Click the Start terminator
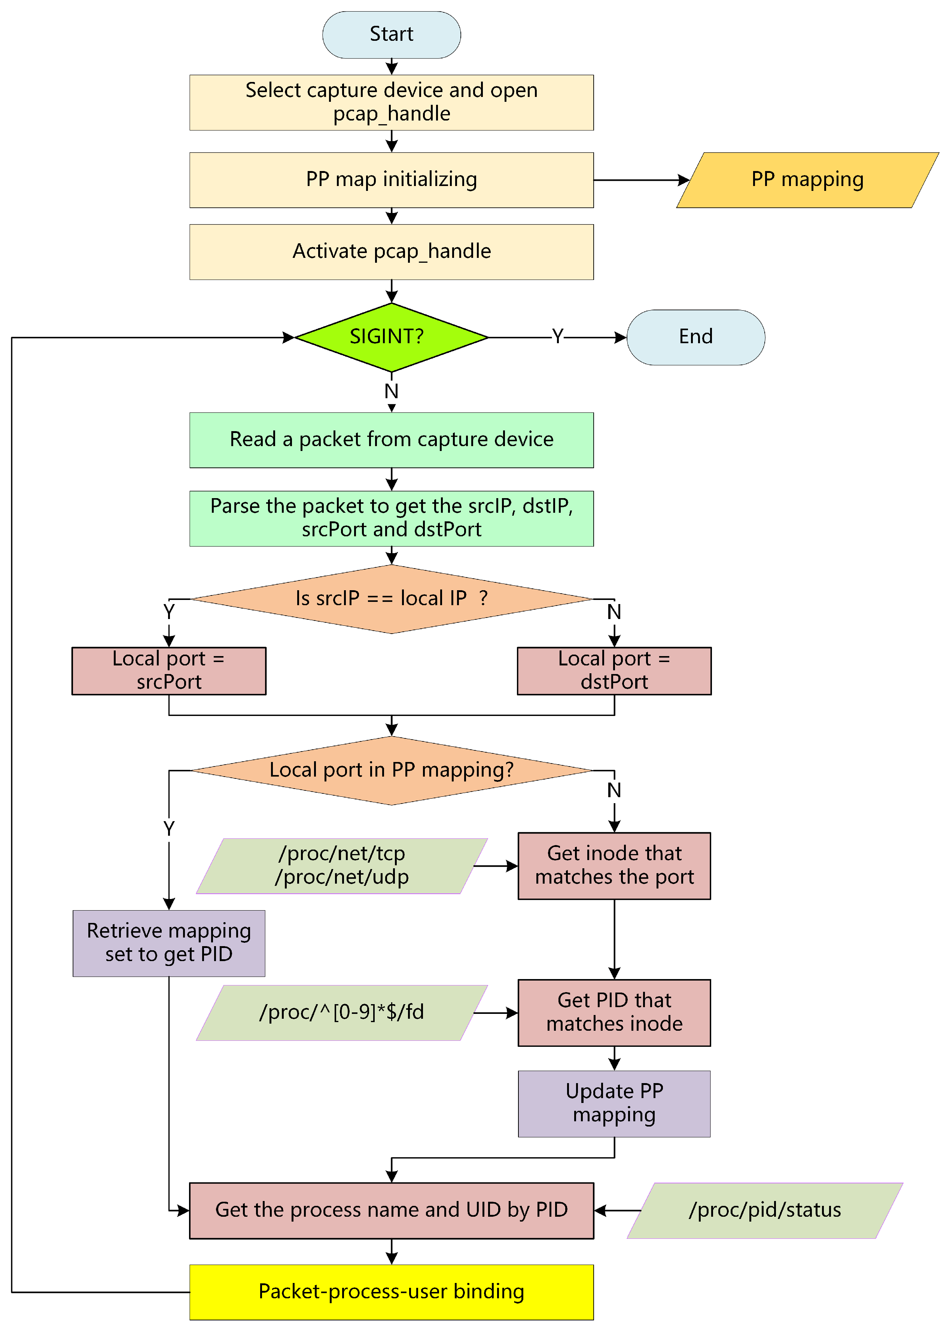tap(392, 34)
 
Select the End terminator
tap(695, 337)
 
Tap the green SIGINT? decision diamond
tap(392, 337)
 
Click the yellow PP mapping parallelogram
tap(807, 180)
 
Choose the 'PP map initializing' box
tap(392, 180)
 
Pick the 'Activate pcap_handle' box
tap(392, 252)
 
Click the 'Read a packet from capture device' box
tap(392, 440)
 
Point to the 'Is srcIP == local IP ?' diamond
tap(392, 598)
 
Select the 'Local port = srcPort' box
tap(169, 670)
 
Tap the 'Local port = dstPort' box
tap(614, 670)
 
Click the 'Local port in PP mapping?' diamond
tap(392, 770)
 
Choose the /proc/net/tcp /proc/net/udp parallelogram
tap(342, 866)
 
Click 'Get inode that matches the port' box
tap(614, 866)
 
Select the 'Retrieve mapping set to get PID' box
tap(169, 943)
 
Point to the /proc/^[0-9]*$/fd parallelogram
tap(342, 1012)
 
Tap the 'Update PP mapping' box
tap(614, 1104)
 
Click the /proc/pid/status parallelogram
tap(765, 1210)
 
